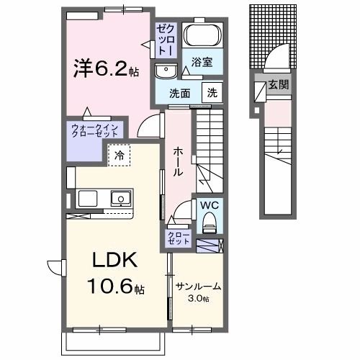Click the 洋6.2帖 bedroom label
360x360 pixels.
pos(104,70)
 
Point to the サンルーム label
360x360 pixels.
pos(198,287)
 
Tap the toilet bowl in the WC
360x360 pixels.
pos(210,224)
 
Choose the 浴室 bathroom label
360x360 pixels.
pos(201,63)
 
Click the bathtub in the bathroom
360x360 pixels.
pos(201,36)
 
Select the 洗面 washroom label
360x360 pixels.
pos(179,93)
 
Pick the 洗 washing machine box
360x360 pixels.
pos(212,92)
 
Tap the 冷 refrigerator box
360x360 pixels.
pos(118,154)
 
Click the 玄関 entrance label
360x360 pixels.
pos(278,85)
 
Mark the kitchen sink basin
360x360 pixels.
pos(120,198)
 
